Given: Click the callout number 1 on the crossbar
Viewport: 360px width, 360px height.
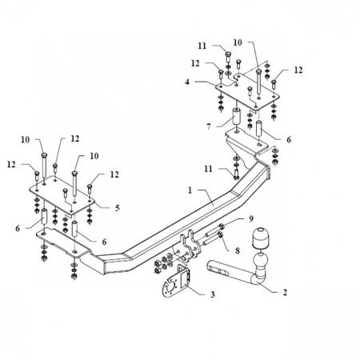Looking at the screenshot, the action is (190, 190).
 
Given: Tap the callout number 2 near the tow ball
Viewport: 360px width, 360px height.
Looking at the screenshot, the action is (285, 292).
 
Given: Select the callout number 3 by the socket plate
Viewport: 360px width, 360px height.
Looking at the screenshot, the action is (213, 294).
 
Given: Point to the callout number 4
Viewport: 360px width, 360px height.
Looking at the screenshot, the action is (187, 82).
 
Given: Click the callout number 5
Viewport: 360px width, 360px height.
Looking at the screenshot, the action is (118, 208).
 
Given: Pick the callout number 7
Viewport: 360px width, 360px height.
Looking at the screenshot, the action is (209, 126).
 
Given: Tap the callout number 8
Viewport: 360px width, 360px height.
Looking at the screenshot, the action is (238, 250).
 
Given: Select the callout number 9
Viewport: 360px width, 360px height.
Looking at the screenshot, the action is (251, 219).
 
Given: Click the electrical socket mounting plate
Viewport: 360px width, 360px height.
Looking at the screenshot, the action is (177, 282).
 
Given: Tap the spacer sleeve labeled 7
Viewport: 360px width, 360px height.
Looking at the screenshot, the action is (236, 116).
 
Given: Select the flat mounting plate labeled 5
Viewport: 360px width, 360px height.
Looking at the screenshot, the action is (62, 195).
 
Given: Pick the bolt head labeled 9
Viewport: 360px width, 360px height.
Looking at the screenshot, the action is (221, 227).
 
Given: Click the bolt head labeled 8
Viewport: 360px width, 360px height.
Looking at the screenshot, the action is (220, 235).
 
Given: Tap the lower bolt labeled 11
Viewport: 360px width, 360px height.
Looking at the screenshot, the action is (236, 174).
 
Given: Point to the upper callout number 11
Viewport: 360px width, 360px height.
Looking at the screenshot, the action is (202, 46).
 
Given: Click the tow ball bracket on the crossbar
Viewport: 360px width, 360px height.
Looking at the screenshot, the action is (190, 244).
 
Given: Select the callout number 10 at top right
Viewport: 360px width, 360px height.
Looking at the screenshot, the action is (238, 42).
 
